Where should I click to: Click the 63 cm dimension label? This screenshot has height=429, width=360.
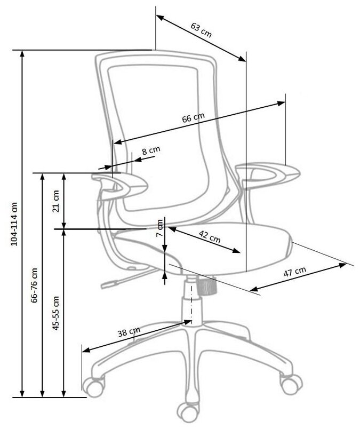(201, 29)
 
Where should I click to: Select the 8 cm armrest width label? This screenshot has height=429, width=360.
(150, 152)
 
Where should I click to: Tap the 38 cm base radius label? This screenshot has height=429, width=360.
(129, 333)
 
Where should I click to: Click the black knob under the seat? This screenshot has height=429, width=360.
(206, 287)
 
